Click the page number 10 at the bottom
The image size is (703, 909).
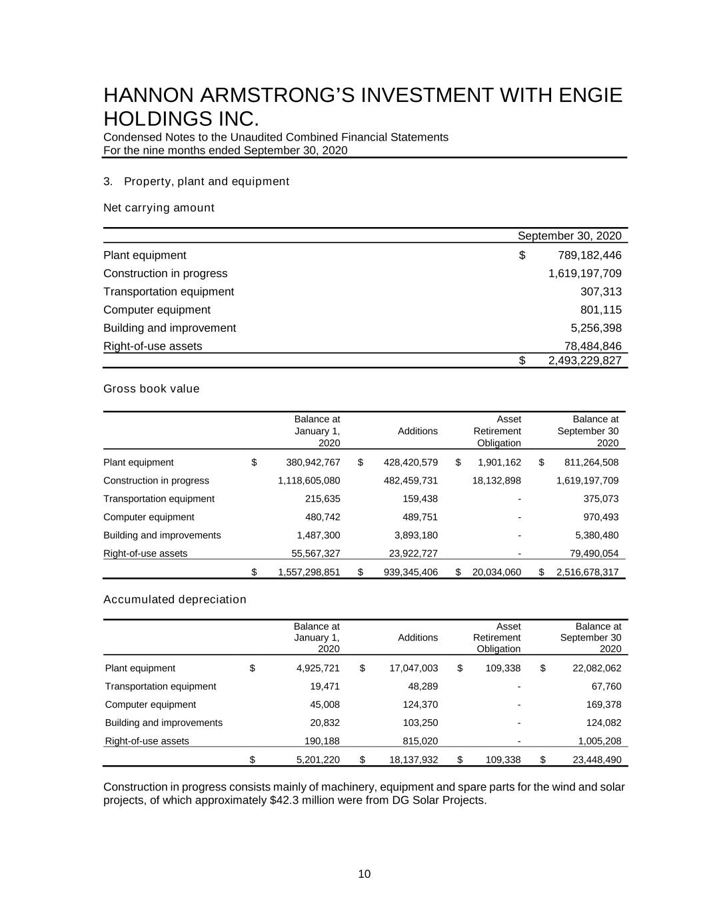coord(364,874)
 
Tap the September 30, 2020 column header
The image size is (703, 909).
coord(569,236)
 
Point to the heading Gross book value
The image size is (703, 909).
coord(151,389)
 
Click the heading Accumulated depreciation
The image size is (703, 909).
coord(175,599)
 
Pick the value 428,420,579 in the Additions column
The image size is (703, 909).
coord(410,463)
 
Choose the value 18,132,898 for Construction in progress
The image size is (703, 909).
coord(496,481)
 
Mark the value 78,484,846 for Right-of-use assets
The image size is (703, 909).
coord(592,346)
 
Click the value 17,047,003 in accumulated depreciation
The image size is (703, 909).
coord(413,669)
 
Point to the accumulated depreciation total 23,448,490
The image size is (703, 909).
coord(596,759)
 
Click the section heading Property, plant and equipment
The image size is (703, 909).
coord(206,182)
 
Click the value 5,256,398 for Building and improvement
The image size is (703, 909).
coord(596,328)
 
